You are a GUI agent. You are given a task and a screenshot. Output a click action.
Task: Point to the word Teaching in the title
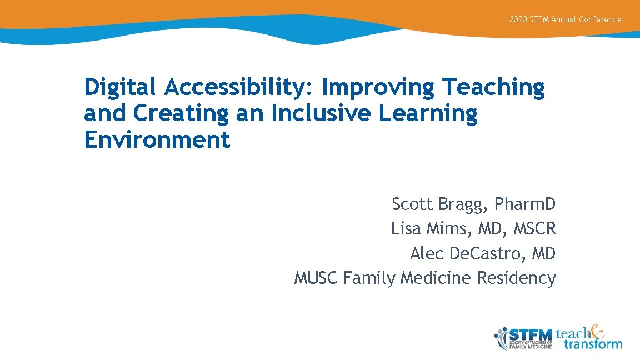[x=493, y=88]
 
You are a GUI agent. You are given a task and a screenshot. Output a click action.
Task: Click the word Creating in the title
[x=181, y=113]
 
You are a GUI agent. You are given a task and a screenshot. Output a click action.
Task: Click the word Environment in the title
[x=157, y=139]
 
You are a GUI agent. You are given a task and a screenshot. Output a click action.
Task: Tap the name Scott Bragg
[x=439, y=204]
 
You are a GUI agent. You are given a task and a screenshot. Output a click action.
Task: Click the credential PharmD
[x=526, y=204]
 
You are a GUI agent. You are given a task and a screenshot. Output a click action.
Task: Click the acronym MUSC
[x=316, y=277]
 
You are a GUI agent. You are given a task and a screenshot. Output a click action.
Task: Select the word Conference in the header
[x=600, y=19]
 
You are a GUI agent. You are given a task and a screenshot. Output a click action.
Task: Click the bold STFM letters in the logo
[x=530, y=334]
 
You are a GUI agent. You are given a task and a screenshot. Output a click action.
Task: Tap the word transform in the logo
[x=593, y=344]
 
